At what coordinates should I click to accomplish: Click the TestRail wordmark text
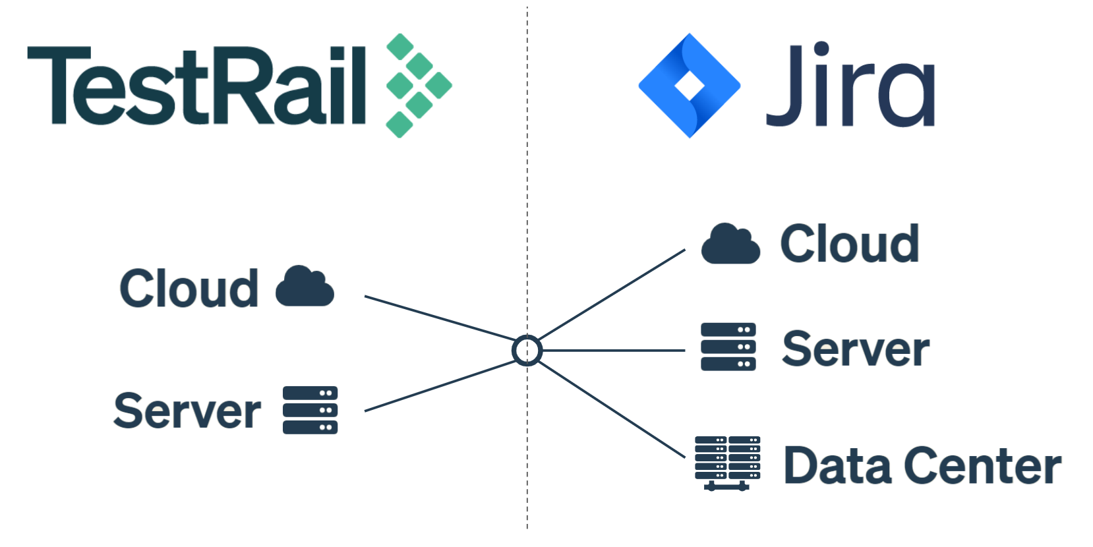[196, 86]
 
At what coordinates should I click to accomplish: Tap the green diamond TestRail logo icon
[419, 86]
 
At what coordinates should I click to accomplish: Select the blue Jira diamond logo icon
[690, 86]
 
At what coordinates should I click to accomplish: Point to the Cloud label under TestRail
[189, 289]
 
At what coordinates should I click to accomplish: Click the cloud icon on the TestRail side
[305, 286]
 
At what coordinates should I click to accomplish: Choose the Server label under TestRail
[187, 411]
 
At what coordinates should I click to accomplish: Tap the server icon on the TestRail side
[310, 410]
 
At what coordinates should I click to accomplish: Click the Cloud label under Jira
[850, 243]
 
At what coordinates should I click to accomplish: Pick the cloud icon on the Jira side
[730, 243]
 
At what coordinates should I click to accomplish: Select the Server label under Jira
[856, 349]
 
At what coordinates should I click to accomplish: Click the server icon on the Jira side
[728, 347]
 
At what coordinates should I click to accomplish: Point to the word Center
[983, 465]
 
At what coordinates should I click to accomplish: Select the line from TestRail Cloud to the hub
[440, 318]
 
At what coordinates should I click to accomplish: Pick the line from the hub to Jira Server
[613, 351]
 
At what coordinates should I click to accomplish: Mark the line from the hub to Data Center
[612, 409]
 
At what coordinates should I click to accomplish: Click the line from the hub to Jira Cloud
[612, 294]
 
